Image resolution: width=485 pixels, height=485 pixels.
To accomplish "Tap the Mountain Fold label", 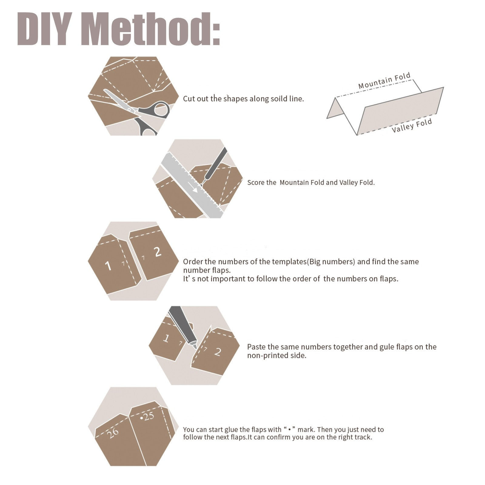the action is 384,81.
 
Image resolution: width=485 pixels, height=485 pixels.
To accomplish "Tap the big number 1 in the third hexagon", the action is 108,266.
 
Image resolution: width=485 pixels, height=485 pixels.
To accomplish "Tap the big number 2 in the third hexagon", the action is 157,252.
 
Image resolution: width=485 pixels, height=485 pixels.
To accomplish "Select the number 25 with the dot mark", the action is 147,416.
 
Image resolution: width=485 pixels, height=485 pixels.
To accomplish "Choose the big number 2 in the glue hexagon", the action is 218,352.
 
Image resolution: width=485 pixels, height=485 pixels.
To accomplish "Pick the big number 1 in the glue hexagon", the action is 166,338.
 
